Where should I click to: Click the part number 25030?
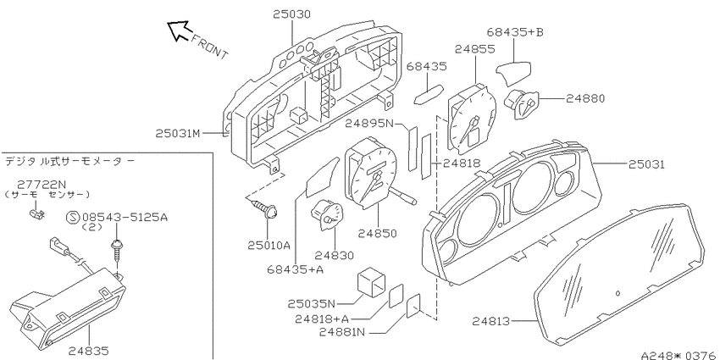point(292,14)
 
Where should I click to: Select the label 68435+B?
point(515,32)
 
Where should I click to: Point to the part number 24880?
point(585,98)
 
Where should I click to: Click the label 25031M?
point(177,133)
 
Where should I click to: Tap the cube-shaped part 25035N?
point(371,281)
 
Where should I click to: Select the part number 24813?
point(490,321)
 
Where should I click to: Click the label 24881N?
point(342,331)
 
